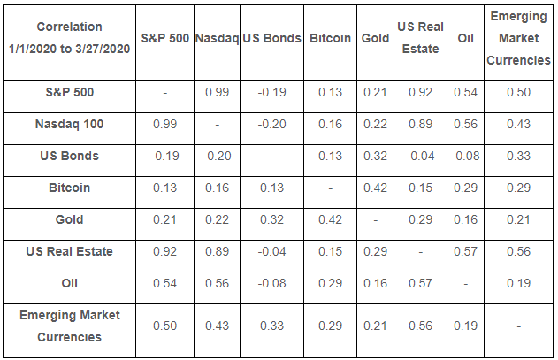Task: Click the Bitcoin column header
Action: [330, 38]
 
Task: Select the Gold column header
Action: [375, 38]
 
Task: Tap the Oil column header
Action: [465, 38]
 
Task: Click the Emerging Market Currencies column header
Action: [518, 38]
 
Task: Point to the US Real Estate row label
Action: [69, 251]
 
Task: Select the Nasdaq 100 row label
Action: [69, 124]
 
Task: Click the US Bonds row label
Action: [69, 156]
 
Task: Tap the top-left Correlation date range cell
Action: [69, 38]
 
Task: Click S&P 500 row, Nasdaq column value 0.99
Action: [217, 93]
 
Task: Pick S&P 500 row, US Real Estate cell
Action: [420, 93]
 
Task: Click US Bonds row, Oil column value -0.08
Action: [465, 156]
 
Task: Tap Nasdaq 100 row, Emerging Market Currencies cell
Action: [518, 124]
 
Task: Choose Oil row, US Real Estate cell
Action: [420, 283]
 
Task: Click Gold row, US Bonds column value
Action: [271, 219]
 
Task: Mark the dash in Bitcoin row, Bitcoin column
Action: [330, 188]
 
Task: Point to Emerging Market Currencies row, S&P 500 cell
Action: [164, 326]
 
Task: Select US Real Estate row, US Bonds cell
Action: [271, 252]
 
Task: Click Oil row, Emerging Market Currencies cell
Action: [518, 283]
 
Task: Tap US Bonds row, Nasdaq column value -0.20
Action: [217, 156]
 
